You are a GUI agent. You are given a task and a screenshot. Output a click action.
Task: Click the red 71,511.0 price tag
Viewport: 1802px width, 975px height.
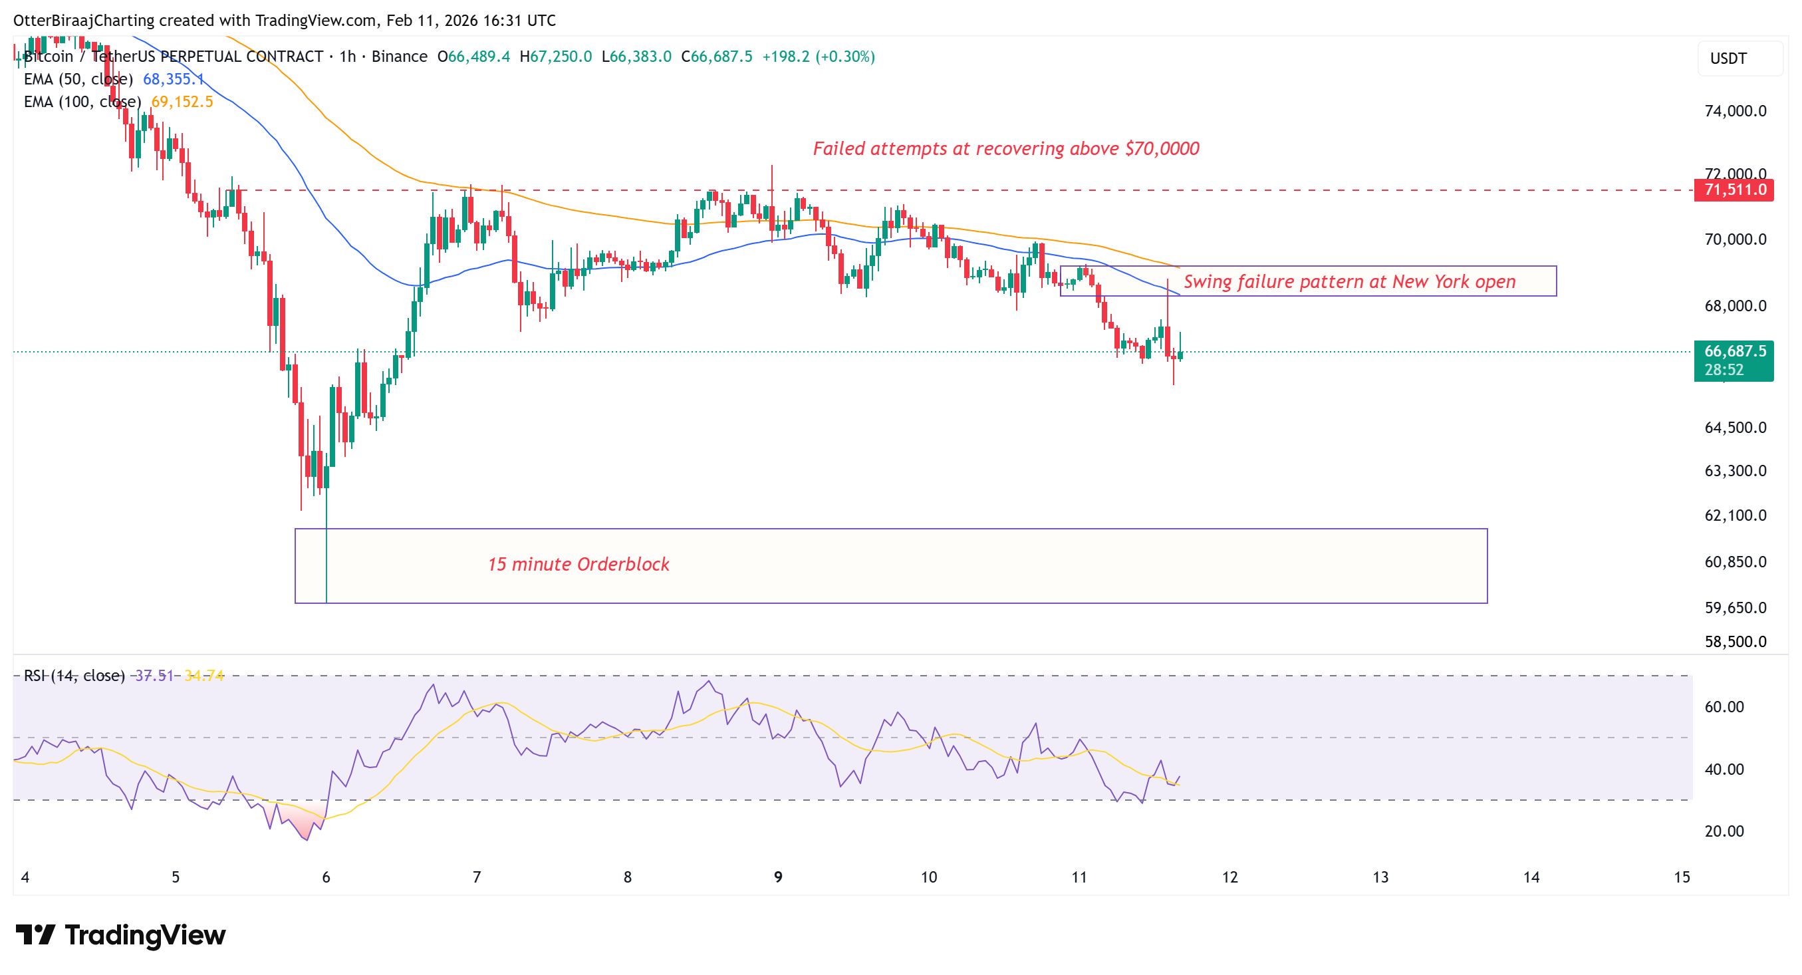point(1734,190)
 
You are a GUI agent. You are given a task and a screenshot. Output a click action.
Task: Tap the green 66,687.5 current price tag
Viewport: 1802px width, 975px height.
point(1734,352)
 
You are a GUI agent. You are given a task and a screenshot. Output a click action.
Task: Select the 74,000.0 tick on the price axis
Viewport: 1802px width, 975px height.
point(1735,111)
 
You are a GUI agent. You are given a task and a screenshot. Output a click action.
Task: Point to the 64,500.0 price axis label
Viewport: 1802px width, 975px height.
point(1735,428)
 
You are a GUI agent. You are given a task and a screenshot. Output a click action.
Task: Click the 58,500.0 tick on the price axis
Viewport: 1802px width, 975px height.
point(1735,641)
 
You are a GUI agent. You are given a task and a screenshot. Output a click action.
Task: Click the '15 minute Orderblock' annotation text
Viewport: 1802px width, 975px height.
point(578,565)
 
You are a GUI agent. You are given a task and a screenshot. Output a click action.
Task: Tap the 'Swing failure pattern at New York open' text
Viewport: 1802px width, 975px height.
point(1349,282)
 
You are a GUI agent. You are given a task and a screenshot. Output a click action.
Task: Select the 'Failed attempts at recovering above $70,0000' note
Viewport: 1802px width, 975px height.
point(1005,149)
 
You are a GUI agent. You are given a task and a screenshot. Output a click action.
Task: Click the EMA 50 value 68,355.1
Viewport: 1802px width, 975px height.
point(173,79)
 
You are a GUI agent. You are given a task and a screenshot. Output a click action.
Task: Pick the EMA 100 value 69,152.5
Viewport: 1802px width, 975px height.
point(182,102)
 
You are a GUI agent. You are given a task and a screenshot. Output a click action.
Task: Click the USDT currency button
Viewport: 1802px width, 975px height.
point(1729,59)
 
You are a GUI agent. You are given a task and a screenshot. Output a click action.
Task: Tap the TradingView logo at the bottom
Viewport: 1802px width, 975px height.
point(120,935)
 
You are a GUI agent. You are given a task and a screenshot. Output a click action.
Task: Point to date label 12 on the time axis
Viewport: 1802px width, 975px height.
point(1229,877)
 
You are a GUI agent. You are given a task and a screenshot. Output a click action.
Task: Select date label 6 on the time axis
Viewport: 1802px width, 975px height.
point(326,877)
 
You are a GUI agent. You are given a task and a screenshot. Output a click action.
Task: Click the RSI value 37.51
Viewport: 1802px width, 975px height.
point(154,676)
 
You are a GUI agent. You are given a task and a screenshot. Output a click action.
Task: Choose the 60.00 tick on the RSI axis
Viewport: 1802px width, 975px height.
point(1724,707)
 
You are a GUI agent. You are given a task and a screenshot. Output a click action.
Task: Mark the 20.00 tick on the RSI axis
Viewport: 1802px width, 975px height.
point(1724,831)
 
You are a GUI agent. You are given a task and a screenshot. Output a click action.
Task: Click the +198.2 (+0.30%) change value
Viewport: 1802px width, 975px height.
point(818,57)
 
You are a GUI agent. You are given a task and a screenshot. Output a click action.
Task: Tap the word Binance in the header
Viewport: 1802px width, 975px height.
point(399,57)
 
